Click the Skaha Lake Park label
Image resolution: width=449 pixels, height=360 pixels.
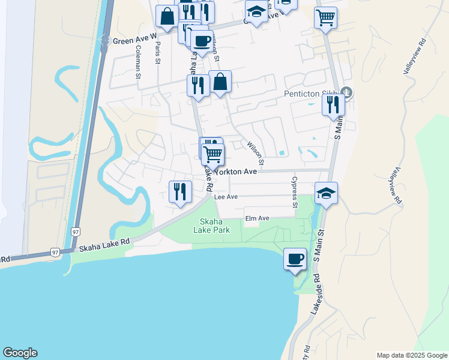[x=212, y=225]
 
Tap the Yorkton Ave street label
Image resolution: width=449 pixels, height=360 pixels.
[x=236, y=172]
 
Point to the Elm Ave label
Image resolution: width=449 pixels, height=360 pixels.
[x=258, y=218]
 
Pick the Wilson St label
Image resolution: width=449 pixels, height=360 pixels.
[x=256, y=152]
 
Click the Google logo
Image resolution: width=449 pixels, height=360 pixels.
[x=20, y=353]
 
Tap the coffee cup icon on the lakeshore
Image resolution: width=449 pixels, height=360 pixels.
[x=294, y=259]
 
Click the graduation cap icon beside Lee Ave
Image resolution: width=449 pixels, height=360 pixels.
[x=326, y=193]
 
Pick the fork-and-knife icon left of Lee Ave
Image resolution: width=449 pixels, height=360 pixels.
[x=180, y=191]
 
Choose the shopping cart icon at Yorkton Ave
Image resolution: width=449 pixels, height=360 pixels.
[x=213, y=154]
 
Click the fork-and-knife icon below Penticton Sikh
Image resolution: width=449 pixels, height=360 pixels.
[x=333, y=104]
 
